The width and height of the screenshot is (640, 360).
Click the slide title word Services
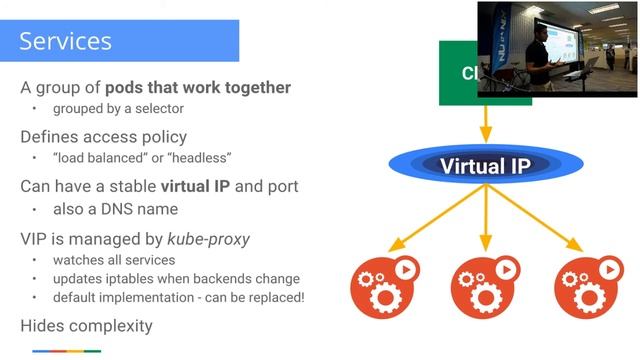[66, 41]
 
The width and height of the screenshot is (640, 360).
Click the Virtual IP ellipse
[485, 165]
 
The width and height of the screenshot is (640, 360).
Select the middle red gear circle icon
[485, 286]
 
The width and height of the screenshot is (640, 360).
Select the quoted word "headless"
[199, 158]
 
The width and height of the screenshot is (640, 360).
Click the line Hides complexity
[86, 325]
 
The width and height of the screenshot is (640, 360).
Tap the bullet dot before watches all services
[32, 260]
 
